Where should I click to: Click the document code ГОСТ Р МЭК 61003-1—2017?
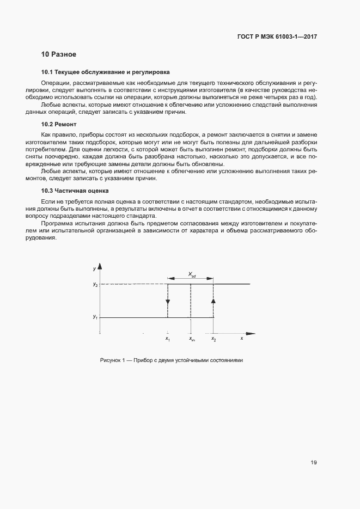[x=277, y=37]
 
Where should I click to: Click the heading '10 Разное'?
[x=59, y=54]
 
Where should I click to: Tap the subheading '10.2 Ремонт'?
[x=57, y=125]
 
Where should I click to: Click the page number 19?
[x=314, y=463]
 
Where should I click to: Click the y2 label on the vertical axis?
[x=95, y=284]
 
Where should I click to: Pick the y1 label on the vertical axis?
[x=95, y=317]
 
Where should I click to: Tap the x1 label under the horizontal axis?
[x=168, y=339]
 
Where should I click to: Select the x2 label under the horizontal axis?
[x=213, y=339]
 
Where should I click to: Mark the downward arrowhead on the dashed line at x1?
[x=168, y=302]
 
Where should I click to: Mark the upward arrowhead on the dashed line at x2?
[x=213, y=300]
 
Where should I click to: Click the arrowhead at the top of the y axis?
[x=100, y=268]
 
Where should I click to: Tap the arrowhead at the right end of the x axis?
[x=252, y=333]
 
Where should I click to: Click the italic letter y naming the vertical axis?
[x=94, y=269]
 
